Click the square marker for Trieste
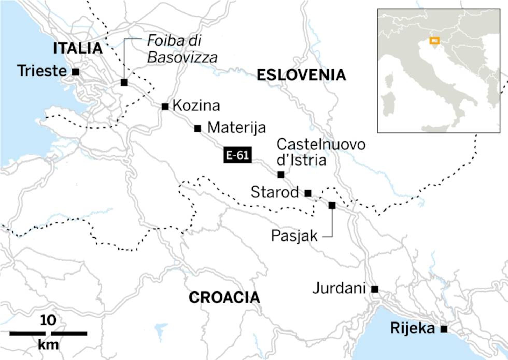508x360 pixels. tap(76, 72)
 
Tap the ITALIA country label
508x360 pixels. tap(78, 48)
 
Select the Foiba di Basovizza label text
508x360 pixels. tap(182, 49)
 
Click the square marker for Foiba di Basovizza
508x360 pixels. tap(124, 82)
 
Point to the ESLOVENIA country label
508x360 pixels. tap(301, 75)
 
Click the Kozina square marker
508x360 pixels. tap(165, 106)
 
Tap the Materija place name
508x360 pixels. tap(237, 128)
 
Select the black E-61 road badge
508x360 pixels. tap(237, 155)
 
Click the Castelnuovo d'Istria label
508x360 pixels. tap(321, 152)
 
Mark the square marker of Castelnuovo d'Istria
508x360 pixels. tap(281, 175)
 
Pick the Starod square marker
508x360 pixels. tap(308, 193)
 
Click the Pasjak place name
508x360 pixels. tap(294, 236)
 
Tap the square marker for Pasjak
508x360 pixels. tap(332, 205)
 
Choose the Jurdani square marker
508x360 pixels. tap(375, 289)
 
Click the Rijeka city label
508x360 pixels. tap(412, 328)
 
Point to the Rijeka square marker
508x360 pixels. tap(444, 329)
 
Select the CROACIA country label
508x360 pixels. tap(224, 297)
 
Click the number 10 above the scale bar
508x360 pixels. tap(48, 321)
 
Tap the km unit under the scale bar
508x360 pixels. tap(48, 345)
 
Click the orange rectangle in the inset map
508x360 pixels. tap(434, 41)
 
